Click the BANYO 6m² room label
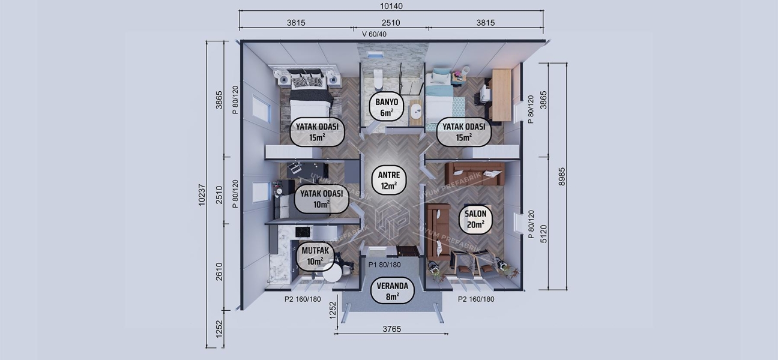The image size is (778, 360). [x=384, y=106]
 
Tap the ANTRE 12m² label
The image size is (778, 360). [x=388, y=180]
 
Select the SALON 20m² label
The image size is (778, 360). [x=475, y=219]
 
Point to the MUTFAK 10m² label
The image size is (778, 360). [x=315, y=256]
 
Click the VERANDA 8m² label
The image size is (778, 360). [x=392, y=291]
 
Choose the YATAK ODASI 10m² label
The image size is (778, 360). [x=321, y=199]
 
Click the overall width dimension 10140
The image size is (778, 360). [x=391, y=7]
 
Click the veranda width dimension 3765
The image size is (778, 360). [x=391, y=329]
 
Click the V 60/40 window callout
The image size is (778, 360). [x=374, y=34]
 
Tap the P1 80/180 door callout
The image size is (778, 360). [x=384, y=265]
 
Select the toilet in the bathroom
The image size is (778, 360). [x=378, y=79]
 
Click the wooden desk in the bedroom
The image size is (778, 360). [x=501, y=94]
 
